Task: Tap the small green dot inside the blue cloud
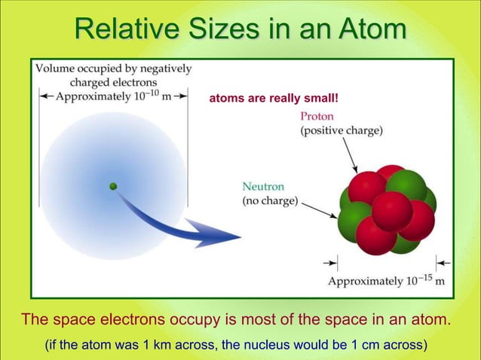pos(113,186)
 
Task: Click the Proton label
pos(317,117)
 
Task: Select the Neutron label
pos(263,186)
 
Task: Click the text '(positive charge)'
pos(341,130)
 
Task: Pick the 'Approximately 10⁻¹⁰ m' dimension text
pos(112,96)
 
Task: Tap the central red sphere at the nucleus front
pos(392,211)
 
